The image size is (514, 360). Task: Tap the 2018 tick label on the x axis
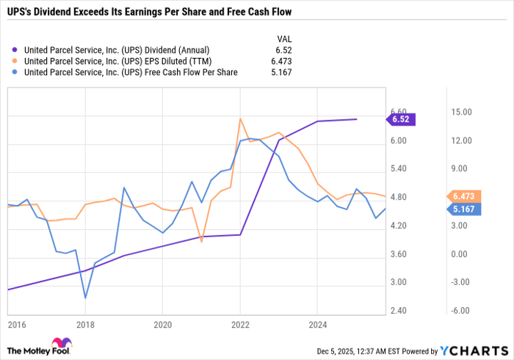[x=86, y=324]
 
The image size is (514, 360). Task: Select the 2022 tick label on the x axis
[x=240, y=324]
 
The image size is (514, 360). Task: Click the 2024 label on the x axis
[x=317, y=324]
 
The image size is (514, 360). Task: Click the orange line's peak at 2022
[x=240, y=118]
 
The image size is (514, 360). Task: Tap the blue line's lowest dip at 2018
[x=86, y=298]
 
